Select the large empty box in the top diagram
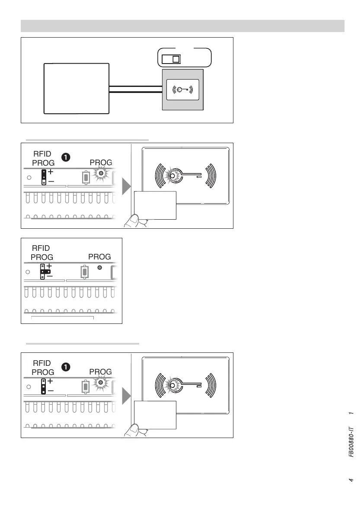pos(77,88)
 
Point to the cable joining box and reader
pos(135,90)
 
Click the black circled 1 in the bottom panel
pos(65,367)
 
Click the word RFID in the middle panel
pos(42,248)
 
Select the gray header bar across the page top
pos(182,26)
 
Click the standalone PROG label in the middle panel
pos(99,256)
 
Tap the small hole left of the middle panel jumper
pos(28,272)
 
